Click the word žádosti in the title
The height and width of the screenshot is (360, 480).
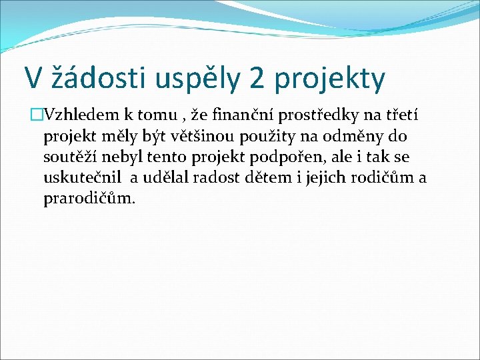tap(92, 79)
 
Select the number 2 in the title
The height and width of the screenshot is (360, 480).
tap(256, 79)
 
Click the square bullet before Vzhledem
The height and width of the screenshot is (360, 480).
tap(36, 116)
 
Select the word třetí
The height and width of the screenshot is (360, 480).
tap(398, 116)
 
